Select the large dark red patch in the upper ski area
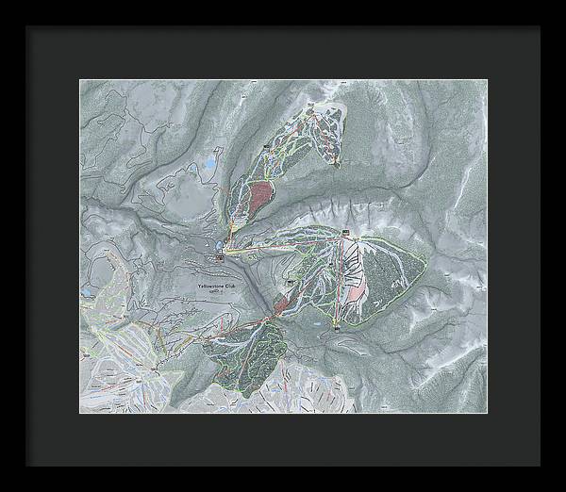point(258,199)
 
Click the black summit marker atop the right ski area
point(346,233)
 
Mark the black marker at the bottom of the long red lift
point(336,328)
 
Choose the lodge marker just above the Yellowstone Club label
point(219,254)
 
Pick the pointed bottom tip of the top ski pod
point(335,164)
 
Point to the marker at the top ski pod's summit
point(311,98)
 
